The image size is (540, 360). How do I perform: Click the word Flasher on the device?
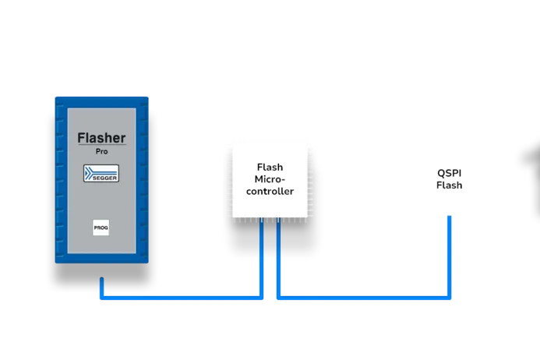[101, 139]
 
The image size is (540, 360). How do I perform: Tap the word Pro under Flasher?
[101, 151]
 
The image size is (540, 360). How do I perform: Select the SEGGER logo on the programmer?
[101, 174]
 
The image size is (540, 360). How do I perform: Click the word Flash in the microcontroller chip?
[270, 167]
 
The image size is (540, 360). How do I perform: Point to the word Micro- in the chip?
[270, 179]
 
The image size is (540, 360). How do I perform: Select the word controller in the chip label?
[270, 191]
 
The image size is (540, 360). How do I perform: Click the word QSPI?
[449, 173]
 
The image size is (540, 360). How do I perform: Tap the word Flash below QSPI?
[449, 185]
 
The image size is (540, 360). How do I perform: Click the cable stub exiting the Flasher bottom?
[101, 287]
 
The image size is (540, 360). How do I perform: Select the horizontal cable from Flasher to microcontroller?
[179, 295]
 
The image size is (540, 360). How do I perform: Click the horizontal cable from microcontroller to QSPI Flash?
[362, 295]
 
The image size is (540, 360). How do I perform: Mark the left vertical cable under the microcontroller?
[260, 257]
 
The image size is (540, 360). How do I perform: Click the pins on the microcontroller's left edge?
[227, 178]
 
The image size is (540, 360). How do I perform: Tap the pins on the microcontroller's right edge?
[313, 178]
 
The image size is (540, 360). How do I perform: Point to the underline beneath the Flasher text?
[101, 146]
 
